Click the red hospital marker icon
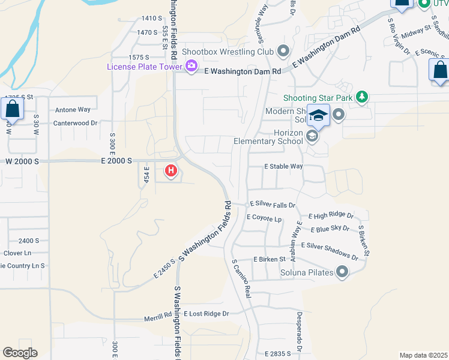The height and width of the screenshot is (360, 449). pyautogui.click(x=171, y=172)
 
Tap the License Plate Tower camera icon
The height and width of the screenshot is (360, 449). pyautogui.click(x=191, y=66)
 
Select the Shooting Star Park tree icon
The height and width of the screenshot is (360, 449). pyautogui.click(x=361, y=97)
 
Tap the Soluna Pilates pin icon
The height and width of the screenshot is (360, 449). pyautogui.click(x=342, y=273)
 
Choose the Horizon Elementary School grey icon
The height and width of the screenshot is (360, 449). pyautogui.click(x=312, y=136)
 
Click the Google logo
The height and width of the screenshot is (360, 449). pyautogui.click(x=20, y=353)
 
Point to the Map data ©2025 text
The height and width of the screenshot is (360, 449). pyautogui.click(x=424, y=355)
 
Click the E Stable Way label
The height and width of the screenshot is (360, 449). pyautogui.click(x=284, y=166)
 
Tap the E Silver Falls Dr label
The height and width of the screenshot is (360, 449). pyautogui.click(x=273, y=205)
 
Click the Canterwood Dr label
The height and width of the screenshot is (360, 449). pyautogui.click(x=75, y=123)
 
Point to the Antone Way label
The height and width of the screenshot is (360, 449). pyautogui.click(x=73, y=110)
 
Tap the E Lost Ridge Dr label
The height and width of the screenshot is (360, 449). pyautogui.click(x=206, y=314)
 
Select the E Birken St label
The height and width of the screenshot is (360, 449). pyautogui.click(x=268, y=259)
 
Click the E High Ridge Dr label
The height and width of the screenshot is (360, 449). pyautogui.click(x=331, y=215)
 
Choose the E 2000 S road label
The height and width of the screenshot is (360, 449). pyautogui.click(x=116, y=161)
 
